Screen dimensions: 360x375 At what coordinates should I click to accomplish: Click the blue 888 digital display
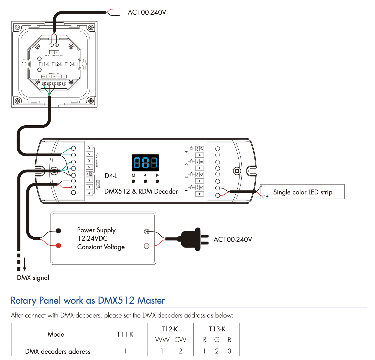(x=145, y=163)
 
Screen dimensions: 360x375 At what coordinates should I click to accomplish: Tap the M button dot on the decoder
(x=133, y=181)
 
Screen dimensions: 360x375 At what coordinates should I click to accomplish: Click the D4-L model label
(x=111, y=176)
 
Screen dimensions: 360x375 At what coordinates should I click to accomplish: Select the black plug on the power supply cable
(x=192, y=239)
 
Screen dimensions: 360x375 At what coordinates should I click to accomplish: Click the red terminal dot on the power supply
(x=58, y=246)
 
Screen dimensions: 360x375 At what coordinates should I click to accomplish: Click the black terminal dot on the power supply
(x=58, y=231)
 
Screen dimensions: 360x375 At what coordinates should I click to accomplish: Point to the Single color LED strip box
(x=302, y=192)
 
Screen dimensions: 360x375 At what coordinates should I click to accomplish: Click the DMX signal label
(x=33, y=278)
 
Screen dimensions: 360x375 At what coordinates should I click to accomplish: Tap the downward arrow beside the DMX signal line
(x=25, y=264)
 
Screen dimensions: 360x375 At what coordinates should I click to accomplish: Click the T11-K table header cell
(x=125, y=334)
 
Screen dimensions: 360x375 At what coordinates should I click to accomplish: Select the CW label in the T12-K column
(x=180, y=340)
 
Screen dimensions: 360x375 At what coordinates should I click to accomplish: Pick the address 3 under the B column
(x=229, y=351)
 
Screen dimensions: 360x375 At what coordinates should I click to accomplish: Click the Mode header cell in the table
(x=56, y=334)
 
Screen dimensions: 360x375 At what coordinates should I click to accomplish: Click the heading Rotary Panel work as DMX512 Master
(x=88, y=300)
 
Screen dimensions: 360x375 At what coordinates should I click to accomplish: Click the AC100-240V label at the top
(x=147, y=13)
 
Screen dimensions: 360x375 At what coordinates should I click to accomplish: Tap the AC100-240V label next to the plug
(x=233, y=240)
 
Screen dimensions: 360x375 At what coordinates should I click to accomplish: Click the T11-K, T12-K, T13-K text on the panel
(x=57, y=64)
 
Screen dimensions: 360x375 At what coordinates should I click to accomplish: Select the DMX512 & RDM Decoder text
(x=141, y=191)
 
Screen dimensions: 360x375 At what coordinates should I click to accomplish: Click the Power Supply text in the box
(x=96, y=230)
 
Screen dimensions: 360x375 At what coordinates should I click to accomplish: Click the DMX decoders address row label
(x=58, y=351)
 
